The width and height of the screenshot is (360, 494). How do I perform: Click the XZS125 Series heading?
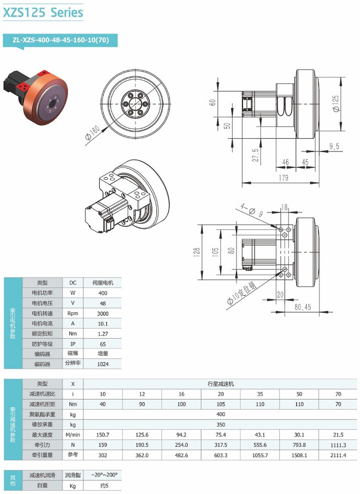[43, 12]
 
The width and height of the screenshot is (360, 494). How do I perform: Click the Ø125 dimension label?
[336, 103]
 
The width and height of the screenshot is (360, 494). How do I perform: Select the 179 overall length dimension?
[283, 177]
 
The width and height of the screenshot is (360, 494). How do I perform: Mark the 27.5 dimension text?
[255, 156]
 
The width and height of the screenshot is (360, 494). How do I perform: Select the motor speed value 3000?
[102, 313]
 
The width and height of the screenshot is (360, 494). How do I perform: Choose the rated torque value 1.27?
[102, 334]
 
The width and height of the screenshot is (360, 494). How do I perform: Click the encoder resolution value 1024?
[102, 364]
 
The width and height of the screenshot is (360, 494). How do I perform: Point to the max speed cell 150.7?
[103, 435]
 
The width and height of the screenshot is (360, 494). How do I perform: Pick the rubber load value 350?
[221, 425]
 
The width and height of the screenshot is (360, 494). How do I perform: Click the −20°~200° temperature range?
[104, 475]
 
